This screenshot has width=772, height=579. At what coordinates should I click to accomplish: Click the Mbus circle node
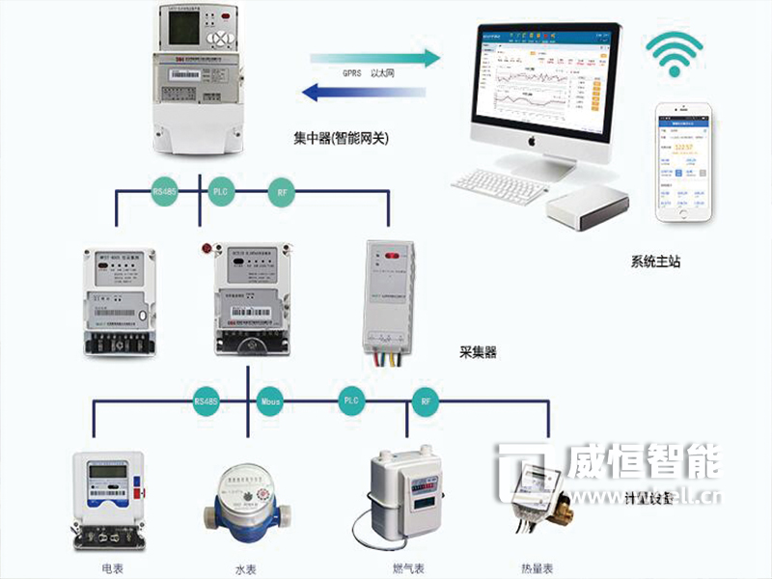click(269, 399)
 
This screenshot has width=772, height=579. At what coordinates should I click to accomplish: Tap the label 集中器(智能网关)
click(341, 138)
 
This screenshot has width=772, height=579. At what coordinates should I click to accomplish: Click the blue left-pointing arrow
click(365, 94)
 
